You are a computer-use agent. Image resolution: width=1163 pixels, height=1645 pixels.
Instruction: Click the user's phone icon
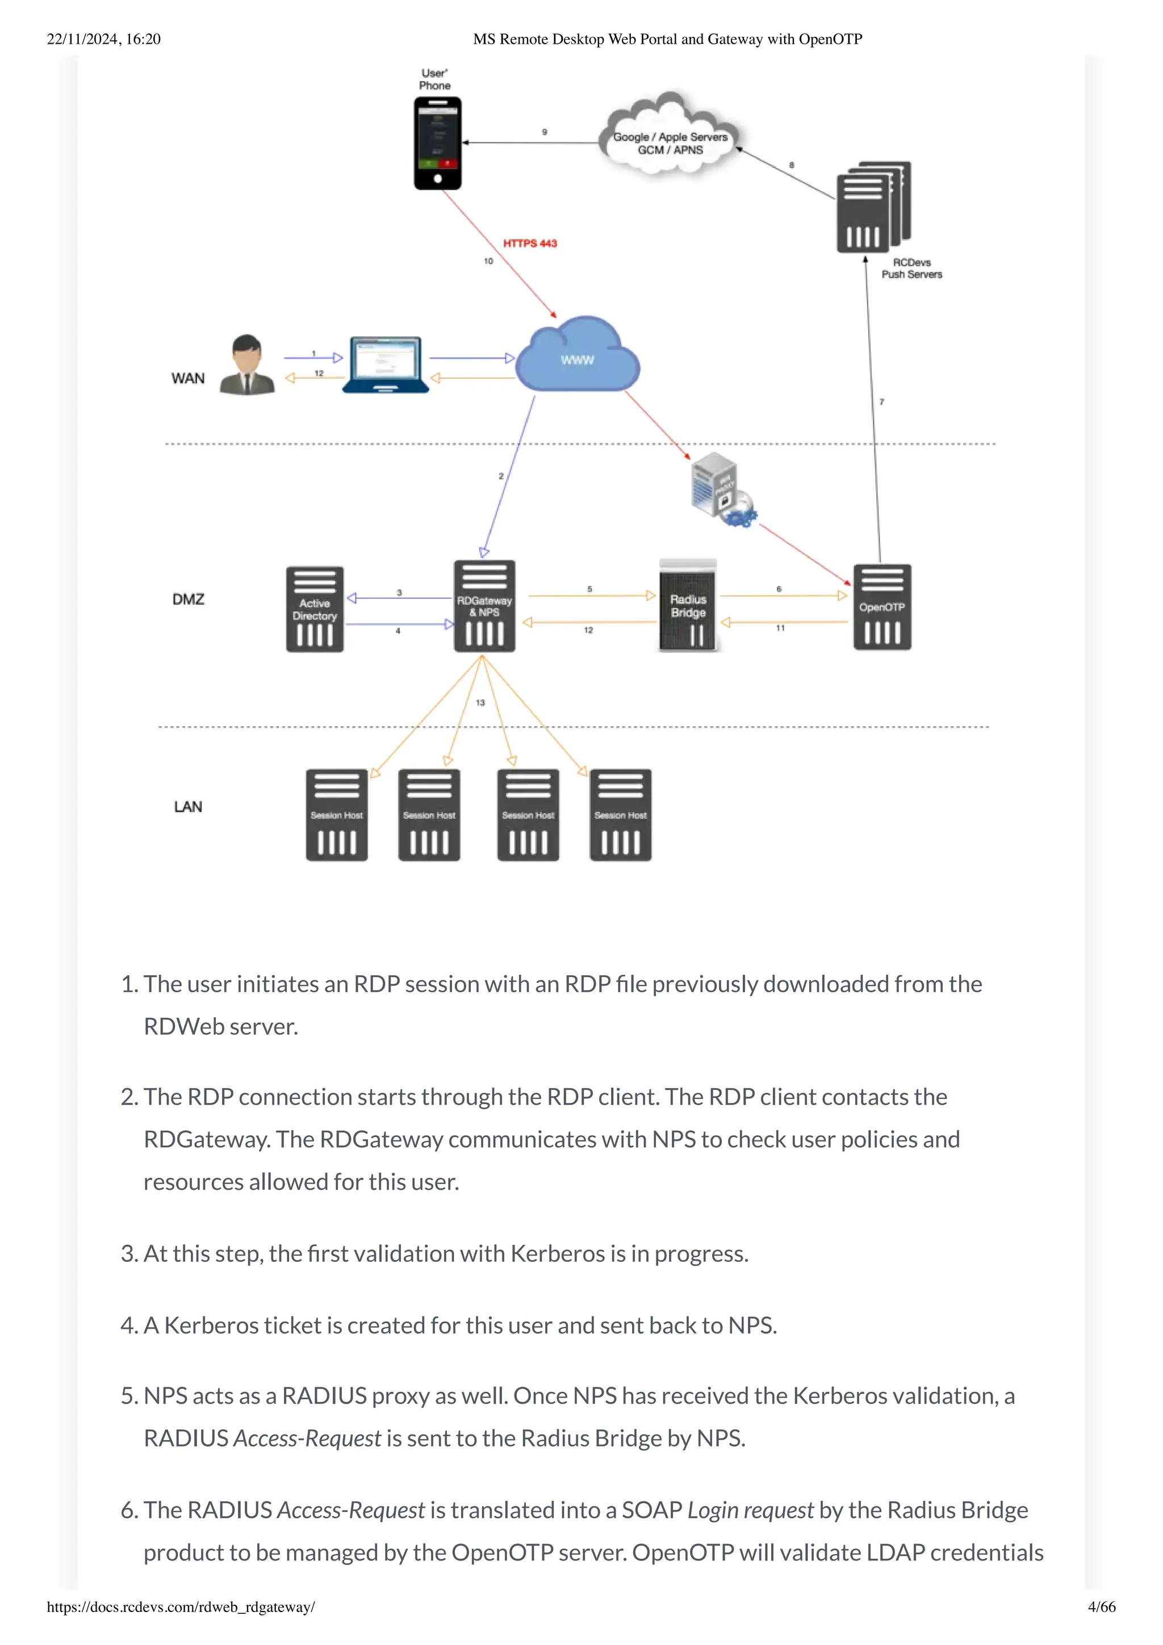pos(437,143)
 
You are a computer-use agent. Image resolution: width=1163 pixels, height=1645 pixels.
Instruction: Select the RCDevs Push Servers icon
pos(872,208)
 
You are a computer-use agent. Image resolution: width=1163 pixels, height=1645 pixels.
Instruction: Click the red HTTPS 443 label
pos(530,244)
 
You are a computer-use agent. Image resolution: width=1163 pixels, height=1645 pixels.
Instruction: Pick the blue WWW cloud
pos(577,358)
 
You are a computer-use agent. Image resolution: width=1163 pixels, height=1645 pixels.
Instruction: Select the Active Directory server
pos(315,610)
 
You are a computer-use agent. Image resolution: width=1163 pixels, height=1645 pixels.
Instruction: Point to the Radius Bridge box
pos(688,606)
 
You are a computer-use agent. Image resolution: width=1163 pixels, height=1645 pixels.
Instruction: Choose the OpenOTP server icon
pos(881,607)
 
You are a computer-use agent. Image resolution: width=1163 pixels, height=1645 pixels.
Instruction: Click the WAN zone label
pos(188,378)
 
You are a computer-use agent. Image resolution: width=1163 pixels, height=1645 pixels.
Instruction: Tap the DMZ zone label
pos(189,599)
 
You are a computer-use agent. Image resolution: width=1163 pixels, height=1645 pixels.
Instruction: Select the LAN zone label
pos(189,807)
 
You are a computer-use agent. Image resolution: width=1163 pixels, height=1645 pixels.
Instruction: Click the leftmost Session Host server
pos(337,815)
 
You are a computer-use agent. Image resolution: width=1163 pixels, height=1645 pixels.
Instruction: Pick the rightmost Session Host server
pos(620,815)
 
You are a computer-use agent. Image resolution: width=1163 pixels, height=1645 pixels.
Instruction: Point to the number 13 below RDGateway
pos(480,703)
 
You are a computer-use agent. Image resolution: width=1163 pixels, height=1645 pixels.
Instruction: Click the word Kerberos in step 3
pos(557,1254)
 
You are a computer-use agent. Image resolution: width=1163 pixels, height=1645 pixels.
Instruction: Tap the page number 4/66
pos(1101,1607)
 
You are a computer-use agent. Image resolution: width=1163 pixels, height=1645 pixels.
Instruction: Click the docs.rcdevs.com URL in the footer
pos(181,1607)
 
